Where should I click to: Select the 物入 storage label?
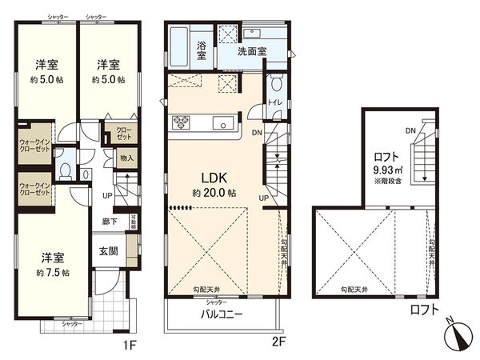click(x=126, y=159)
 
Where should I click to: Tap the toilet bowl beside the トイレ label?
click(x=275, y=82)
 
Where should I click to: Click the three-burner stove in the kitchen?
click(x=180, y=122)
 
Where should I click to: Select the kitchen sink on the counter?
click(x=223, y=123)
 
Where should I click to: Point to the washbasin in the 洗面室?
click(x=259, y=34)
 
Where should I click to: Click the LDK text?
click(x=211, y=177)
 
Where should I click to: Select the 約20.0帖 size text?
click(x=211, y=194)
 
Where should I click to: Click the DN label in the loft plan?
click(x=410, y=130)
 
